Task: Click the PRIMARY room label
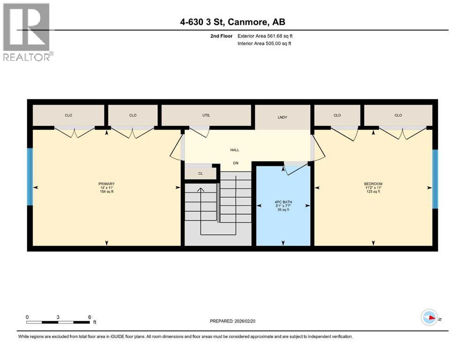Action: coord(107,184)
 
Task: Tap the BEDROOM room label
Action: coord(373,184)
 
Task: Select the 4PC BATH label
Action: coord(283,202)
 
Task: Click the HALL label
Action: coord(235,150)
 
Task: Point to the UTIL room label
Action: coord(206,115)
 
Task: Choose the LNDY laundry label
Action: coord(282,117)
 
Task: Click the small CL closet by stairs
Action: coord(200,173)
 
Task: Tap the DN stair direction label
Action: coord(236,163)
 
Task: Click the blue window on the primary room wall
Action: coord(30,177)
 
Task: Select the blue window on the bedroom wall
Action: coord(435,179)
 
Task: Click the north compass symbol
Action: coord(429,318)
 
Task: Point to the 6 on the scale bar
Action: coord(89,317)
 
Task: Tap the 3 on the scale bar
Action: coord(58,317)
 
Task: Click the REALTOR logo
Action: coord(27,32)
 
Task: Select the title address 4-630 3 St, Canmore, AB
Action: coord(232,22)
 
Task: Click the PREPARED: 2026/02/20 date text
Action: coord(238,321)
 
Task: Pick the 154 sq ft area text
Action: coord(107,192)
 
